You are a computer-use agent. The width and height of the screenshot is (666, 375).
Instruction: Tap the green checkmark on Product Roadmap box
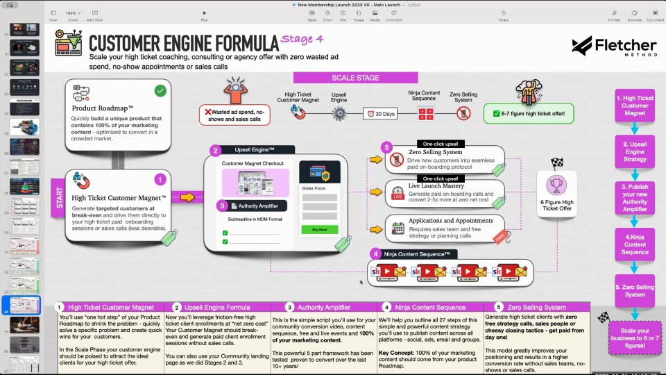(x=160, y=90)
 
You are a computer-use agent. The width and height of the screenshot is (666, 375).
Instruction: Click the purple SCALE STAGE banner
(x=355, y=78)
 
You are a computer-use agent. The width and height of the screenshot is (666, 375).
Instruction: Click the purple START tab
(x=57, y=197)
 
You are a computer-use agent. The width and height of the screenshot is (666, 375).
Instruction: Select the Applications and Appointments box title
(x=451, y=221)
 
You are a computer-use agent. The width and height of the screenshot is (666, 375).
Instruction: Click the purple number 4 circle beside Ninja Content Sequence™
(x=375, y=253)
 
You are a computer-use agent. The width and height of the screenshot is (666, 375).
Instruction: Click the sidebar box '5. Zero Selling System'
(x=634, y=290)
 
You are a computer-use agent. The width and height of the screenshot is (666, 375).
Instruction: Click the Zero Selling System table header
(x=536, y=307)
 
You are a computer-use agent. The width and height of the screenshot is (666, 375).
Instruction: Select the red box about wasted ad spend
(x=234, y=115)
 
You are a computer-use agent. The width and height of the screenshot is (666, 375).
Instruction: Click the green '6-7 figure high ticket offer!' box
(x=529, y=113)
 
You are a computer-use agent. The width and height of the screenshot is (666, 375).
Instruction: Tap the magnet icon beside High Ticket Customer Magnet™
(x=81, y=183)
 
